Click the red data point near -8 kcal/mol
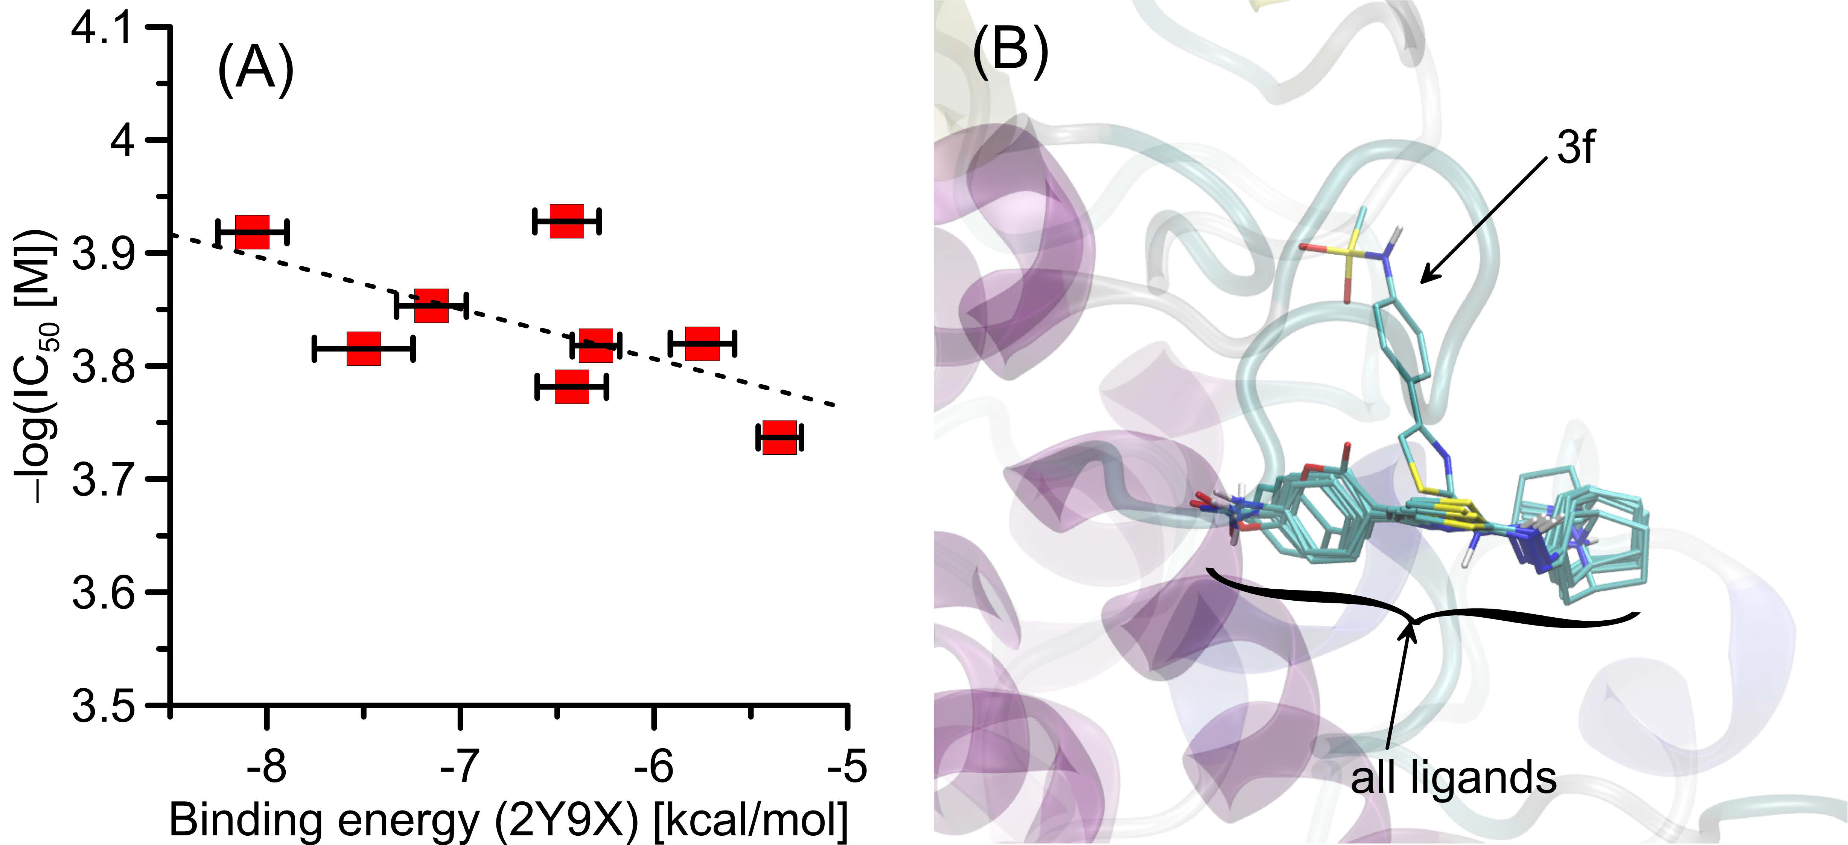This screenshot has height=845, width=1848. [x=253, y=231]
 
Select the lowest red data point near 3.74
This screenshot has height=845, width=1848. [x=780, y=437]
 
